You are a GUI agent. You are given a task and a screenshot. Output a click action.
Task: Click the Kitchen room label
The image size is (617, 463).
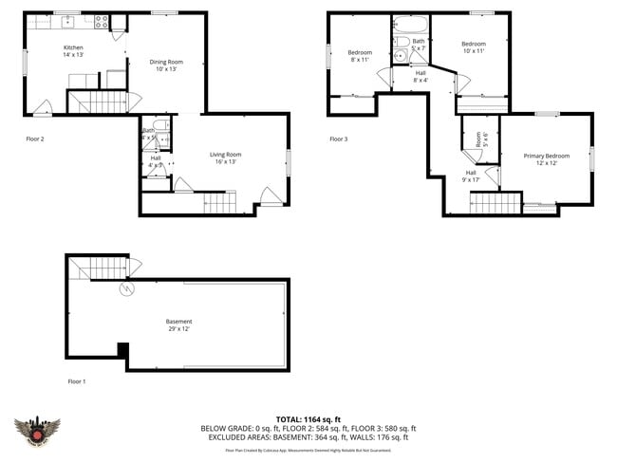click(x=73, y=47)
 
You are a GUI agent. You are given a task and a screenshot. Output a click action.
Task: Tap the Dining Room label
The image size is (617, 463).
click(x=166, y=63)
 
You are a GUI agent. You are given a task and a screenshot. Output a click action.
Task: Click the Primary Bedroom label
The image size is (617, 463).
click(x=546, y=156)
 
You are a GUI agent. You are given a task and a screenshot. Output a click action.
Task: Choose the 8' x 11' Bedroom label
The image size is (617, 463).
click(x=360, y=52)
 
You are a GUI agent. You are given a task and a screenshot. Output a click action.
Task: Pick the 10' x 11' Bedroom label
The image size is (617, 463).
click(x=474, y=45)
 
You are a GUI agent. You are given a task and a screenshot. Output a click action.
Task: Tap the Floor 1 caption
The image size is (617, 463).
click(x=77, y=381)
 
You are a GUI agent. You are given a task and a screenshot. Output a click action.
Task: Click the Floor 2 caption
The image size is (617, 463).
click(x=35, y=139)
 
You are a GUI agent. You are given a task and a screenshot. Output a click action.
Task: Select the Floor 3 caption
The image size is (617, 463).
click(x=339, y=139)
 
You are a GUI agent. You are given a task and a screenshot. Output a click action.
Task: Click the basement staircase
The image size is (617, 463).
click(x=100, y=269)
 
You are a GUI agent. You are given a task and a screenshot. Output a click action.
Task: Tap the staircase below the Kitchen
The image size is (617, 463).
click(x=98, y=102)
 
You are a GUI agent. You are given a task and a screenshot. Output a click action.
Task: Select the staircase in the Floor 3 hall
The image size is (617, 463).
click(x=495, y=202)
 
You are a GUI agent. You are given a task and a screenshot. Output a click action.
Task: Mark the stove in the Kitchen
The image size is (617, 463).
click(x=101, y=21)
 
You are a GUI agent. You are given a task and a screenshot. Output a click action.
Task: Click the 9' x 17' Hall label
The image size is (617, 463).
click(x=471, y=176)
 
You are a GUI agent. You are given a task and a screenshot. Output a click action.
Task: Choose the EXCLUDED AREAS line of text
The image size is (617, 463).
click(x=304, y=437)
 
